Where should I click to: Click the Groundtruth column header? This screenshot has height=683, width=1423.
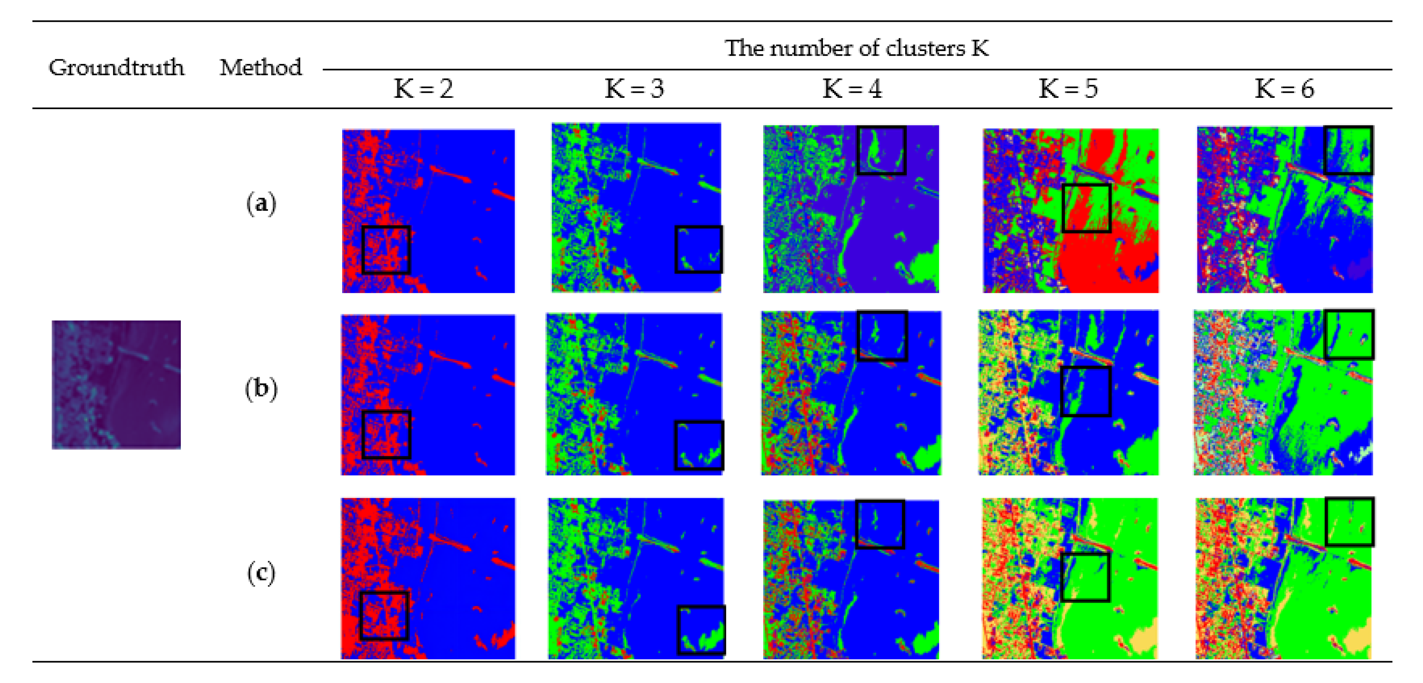(x=116, y=67)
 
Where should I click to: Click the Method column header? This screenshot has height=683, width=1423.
(x=261, y=67)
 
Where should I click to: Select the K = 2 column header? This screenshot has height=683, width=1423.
(x=423, y=88)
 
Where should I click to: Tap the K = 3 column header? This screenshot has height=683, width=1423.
(x=634, y=88)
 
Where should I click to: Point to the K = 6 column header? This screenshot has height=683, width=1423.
(x=1284, y=88)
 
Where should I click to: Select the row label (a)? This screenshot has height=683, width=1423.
(x=261, y=203)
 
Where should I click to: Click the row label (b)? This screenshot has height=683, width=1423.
(x=261, y=388)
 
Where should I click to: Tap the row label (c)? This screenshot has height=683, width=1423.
(x=261, y=573)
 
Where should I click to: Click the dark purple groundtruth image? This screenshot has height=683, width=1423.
(x=116, y=385)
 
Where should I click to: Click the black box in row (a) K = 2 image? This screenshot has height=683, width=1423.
(x=386, y=250)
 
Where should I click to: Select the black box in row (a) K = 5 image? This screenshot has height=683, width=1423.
(x=1086, y=208)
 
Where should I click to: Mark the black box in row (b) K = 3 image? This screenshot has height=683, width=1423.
(x=699, y=445)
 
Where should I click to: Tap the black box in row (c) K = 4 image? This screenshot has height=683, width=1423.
(x=880, y=524)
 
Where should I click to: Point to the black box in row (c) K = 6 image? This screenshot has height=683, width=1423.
(x=1349, y=522)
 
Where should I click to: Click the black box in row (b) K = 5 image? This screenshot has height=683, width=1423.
(x=1086, y=391)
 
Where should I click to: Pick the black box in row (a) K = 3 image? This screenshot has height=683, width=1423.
(x=699, y=249)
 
